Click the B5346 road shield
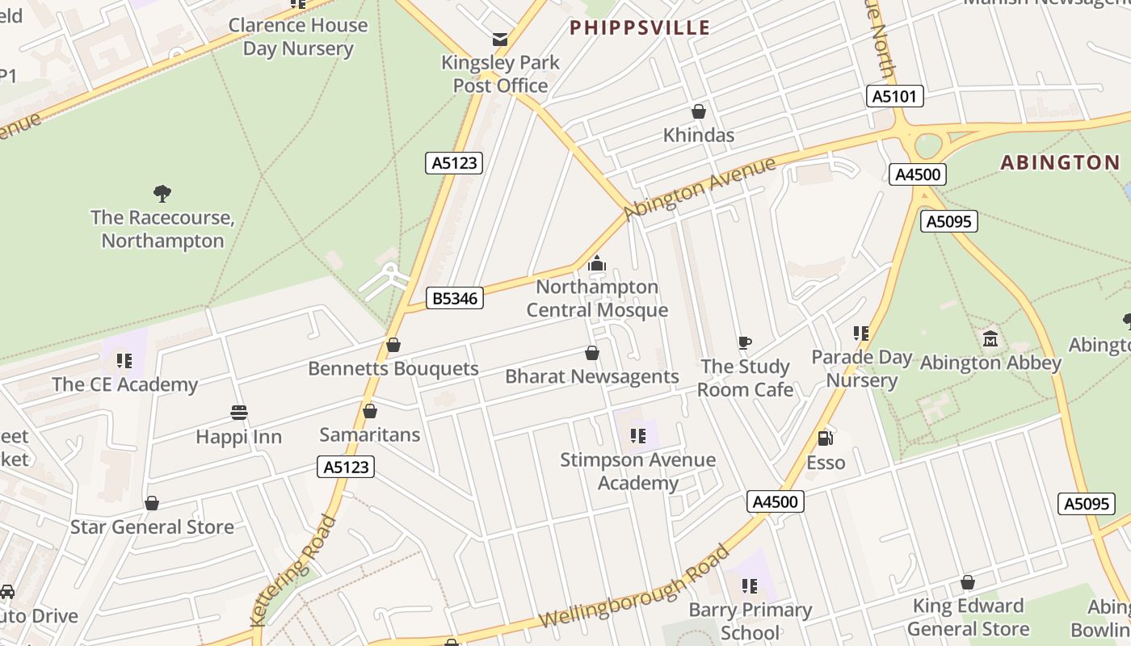pyautogui.click(x=455, y=298)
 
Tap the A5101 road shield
pyautogui.click(x=895, y=96)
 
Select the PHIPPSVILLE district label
pyautogui.click(x=640, y=28)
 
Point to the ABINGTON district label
pyautogui.click(x=1060, y=162)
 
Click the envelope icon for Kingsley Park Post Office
pyautogui.click(x=501, y=39)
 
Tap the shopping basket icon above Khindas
pyautogui.click(x=699, y=111)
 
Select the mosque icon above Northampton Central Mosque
pyautogui.click(x=597, y=263)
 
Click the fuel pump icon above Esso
pyautogui.click(x=826, y=438)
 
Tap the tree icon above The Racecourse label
pyautogui.click(x=162, y=193)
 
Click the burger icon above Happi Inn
pyautogui.click(x=238, y=413)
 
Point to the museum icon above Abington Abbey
pyautogui.click(x=990, y=338)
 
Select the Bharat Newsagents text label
pyautogui.click(x=591, y=376)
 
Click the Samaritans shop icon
pyautogui.click(x=370, y=411)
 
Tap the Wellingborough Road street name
pyautogui.click(x=634, y=586)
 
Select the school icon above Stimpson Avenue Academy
pyautogui.click(x=638, y=436)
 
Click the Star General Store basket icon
pyautogui.click(x=152, y=503)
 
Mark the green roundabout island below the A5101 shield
pyautogui.click(x=928, y=146)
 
